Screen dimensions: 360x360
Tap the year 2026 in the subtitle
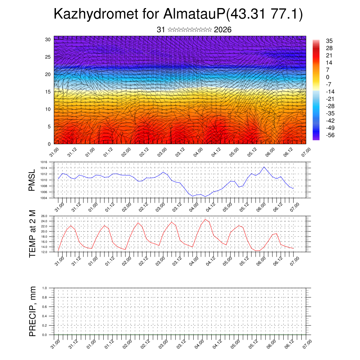click(x=223, y=30)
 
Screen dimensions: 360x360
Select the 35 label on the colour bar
click(x=329, y=41)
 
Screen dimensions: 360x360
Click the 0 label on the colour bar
click(x=328, y=77)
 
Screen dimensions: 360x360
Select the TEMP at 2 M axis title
click(x=32, y=234)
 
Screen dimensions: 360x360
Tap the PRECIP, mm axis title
click(x=33, y=311)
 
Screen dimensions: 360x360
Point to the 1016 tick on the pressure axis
click(x=44, y=162)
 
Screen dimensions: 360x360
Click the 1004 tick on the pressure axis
click(x=44, y=198)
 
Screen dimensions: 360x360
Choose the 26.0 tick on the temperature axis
click(x=44, y=216)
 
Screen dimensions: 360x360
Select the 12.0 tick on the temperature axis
click(x=44, y=252)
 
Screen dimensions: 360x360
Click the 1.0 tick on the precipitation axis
click(x=45, y=288)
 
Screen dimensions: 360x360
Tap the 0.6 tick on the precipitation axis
click(x=45, y=307)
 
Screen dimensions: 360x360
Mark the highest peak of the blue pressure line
click(x=264, y=167)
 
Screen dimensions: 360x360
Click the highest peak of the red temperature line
click(x=205, y=219)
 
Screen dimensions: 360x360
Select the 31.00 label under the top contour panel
click(x=54, y=153)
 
